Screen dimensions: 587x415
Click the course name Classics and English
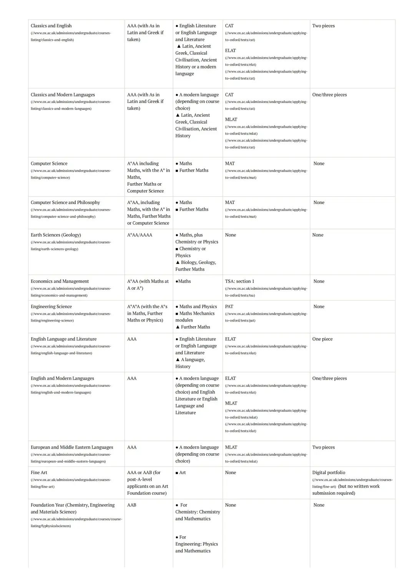click(x=51, y=26)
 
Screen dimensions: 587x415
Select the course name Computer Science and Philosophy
click(x=65, y=202)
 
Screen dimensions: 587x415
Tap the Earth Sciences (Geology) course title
click(x=56, y=235)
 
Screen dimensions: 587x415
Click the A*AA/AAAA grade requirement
click(x=139, y=235)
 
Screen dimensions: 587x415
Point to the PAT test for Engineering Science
click(x=229, y=307)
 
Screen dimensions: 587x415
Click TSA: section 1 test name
click(x=239, y=281)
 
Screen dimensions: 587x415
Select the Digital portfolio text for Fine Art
click(x=329, y=473)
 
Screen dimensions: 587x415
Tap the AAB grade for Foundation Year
click(x=132, y=505)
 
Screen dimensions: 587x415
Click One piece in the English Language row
click(x=322, y=339)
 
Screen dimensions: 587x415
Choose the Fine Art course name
click(x=39, y=473)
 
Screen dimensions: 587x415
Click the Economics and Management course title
click(x=60, y=281)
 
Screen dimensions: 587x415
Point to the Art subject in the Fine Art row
click(x=182, y=473)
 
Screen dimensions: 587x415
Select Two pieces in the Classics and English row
click(x=324, y=26)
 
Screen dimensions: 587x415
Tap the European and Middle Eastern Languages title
click(x=72, y=447)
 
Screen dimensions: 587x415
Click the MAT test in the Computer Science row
click(x=230, y=164)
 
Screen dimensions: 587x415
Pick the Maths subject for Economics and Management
click(x=184, y=281)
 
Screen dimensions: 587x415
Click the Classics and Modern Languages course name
click(x=63, y=95)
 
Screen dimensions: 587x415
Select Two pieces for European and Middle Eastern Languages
click(x=324, y=447)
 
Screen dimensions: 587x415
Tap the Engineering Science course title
click(x=51, y=307)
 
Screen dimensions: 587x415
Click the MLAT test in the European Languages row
click(x=231, y=447)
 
